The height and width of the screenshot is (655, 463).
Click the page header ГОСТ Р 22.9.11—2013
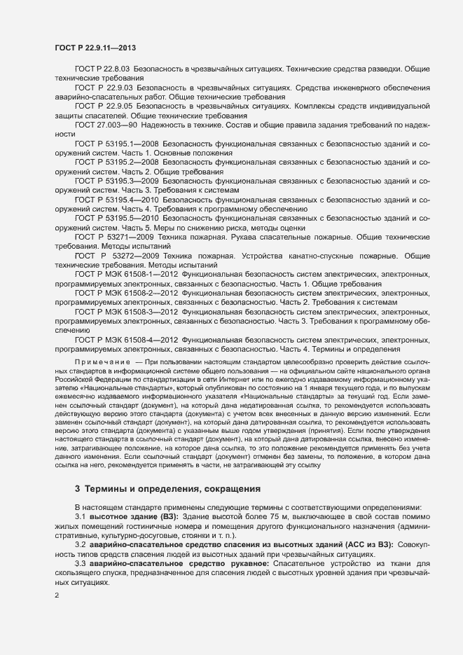(x=95, y=48)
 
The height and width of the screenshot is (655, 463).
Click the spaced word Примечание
(x=102, y=359)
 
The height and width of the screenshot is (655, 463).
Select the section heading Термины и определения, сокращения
(x=174, y=488)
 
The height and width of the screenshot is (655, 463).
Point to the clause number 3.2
(x=81, y=544)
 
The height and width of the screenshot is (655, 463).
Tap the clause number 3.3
(x=81, y=563)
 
